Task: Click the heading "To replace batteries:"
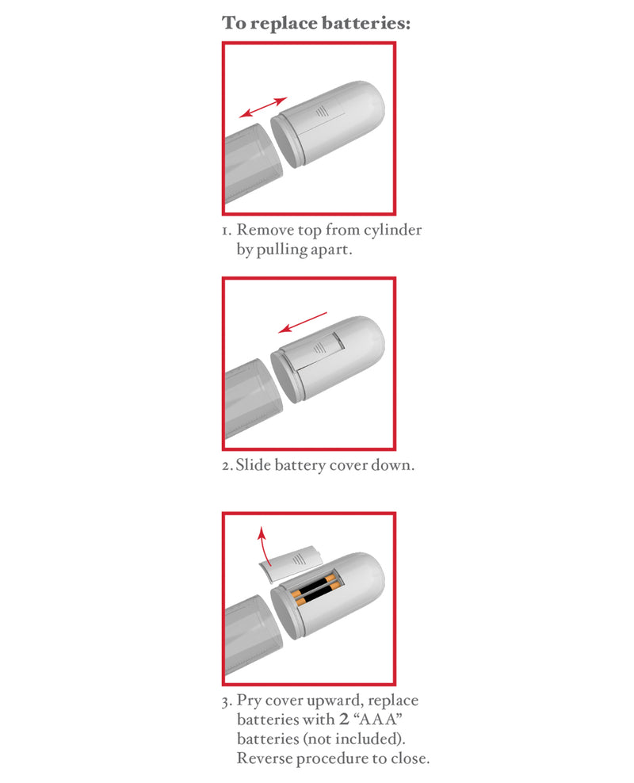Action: [x=316, y=22]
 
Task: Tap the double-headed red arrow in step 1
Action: [x=263, y=108]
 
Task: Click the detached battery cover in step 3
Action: [x=293, y=562]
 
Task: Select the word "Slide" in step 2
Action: [x=254, y=465]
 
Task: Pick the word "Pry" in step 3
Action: [x=251, y=701]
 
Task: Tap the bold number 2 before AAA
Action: [x=343, y=720]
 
